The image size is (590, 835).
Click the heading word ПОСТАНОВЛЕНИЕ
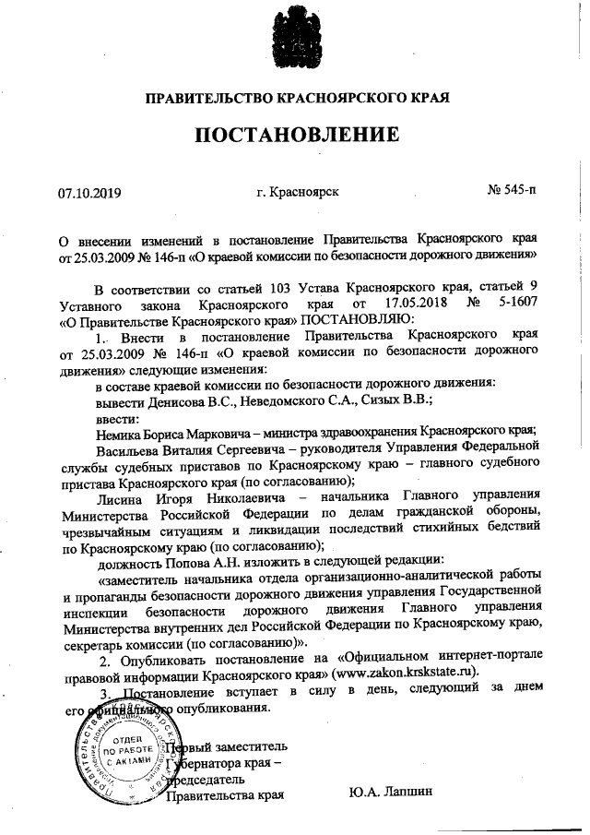[x=295, y=135]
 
